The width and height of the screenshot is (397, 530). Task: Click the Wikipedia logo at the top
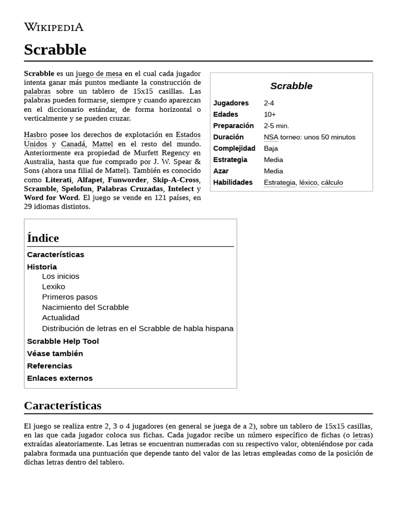point(53,27)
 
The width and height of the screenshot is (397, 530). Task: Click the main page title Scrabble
point(55,50)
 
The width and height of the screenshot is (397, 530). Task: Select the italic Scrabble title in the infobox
point(291,86)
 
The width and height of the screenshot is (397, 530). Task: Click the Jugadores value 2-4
point(269,103)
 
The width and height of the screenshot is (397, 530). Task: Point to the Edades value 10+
point(269,114)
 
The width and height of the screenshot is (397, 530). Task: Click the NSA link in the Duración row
point(271,137)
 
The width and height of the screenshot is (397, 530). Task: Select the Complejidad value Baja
point(270,149)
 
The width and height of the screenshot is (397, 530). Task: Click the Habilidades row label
point(233,183)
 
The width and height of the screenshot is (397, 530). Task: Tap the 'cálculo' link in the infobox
point(331,183)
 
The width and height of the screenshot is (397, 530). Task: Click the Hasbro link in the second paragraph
point(35,135)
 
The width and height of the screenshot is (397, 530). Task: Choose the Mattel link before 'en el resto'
point(102,144)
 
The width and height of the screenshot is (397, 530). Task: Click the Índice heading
point(43,238)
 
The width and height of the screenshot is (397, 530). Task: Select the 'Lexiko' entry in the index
point(53,286)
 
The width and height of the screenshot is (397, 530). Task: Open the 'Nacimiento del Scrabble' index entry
point(85,307)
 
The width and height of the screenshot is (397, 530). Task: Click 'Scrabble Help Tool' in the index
point(63,341)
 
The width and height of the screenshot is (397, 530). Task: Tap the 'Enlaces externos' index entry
point(59,378)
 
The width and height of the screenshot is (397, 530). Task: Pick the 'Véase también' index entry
point(55,354)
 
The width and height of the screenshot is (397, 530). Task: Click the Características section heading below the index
point(63,405)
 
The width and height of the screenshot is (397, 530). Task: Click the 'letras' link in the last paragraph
point(362,435)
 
